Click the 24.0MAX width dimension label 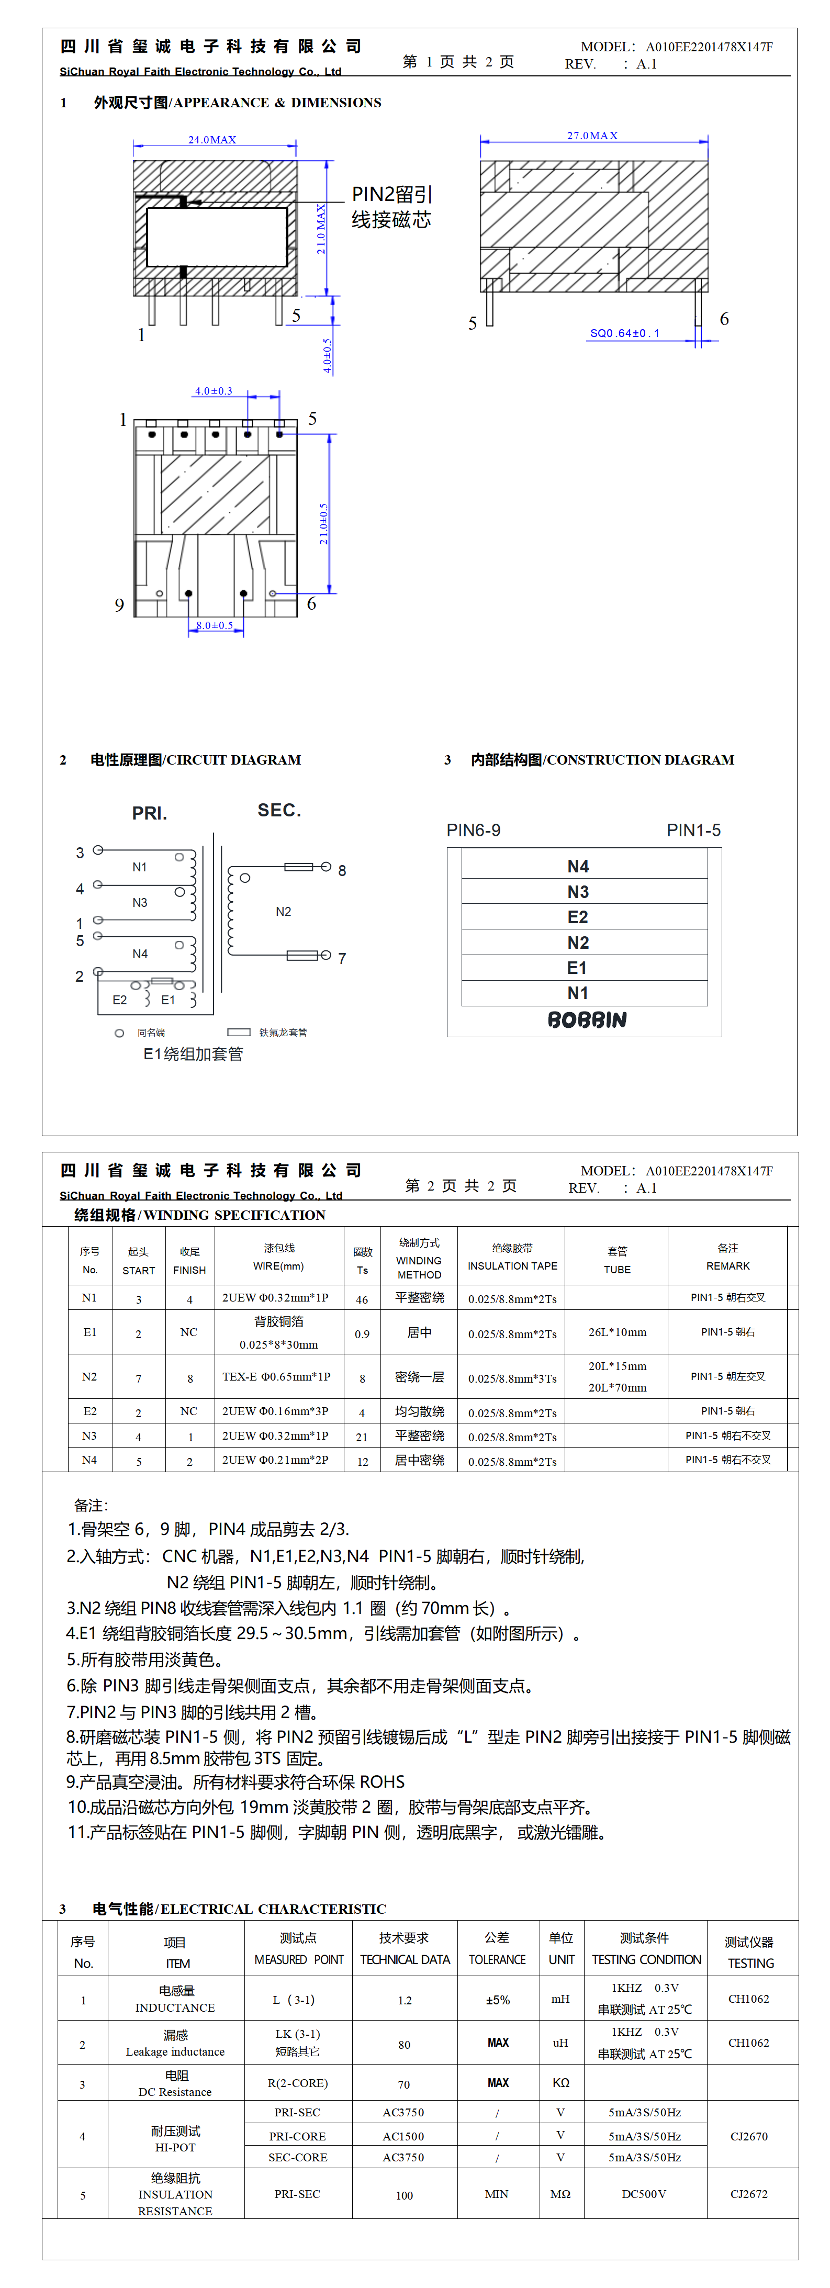211,139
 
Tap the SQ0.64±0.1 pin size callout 625,333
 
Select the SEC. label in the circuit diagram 279,810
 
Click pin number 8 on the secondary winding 342,870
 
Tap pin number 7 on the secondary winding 342,958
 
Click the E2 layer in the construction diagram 578,917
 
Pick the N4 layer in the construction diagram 578,866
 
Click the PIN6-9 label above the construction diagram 473,831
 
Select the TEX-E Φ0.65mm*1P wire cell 276,1377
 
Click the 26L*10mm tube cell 616,1332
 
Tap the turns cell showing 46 362,1298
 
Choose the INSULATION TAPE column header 512,1266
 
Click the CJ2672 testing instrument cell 748,2194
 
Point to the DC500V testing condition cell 643,2194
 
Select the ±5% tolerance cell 498,2000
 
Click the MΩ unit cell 560,2194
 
